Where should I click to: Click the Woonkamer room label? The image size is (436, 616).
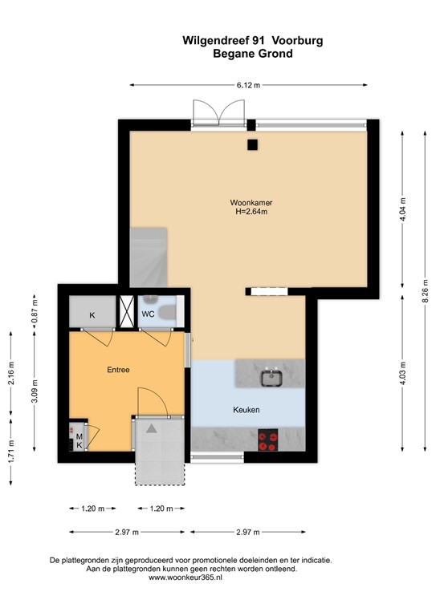pyautogui.click(x=251, y=202)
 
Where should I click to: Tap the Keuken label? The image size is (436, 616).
pyautogui.click(x=246, y=410)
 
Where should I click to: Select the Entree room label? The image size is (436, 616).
pyautogui.click(x=118, y=370)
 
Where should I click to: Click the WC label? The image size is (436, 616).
pyautogui.click(x=149, y=314)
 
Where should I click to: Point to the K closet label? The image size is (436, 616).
pyautogui.click(x=92, y=315)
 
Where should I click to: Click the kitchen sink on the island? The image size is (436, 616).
pyautogui.click(x=270, y=375)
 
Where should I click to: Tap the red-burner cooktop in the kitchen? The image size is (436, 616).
pyautogui.click(x=267, y=440)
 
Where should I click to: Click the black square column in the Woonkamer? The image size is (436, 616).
pyautogui.click(x=252, y=145)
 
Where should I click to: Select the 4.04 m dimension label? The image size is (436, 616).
pyautogui.click(x=403, y=207)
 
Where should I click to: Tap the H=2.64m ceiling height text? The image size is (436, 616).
pyautogui.click(x=251, y=213)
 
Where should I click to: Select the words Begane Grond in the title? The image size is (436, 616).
pyautogui.click(x=252, y=54)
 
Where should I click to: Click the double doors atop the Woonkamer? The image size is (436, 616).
pyautogui.click(x=218, y=112)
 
